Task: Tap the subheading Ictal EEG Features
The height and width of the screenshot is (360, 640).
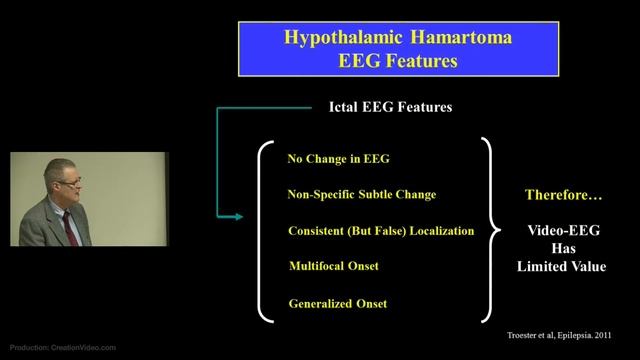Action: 390,107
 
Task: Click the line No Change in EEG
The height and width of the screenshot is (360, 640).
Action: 332,159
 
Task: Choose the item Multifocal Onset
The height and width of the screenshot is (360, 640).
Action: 333,266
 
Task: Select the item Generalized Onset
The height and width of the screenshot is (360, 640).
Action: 337,303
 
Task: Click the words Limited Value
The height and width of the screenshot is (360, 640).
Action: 561,266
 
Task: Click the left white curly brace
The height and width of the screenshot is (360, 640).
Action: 265,231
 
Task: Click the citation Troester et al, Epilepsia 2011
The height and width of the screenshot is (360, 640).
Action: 560,336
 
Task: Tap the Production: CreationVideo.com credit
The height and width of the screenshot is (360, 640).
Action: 62,348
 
